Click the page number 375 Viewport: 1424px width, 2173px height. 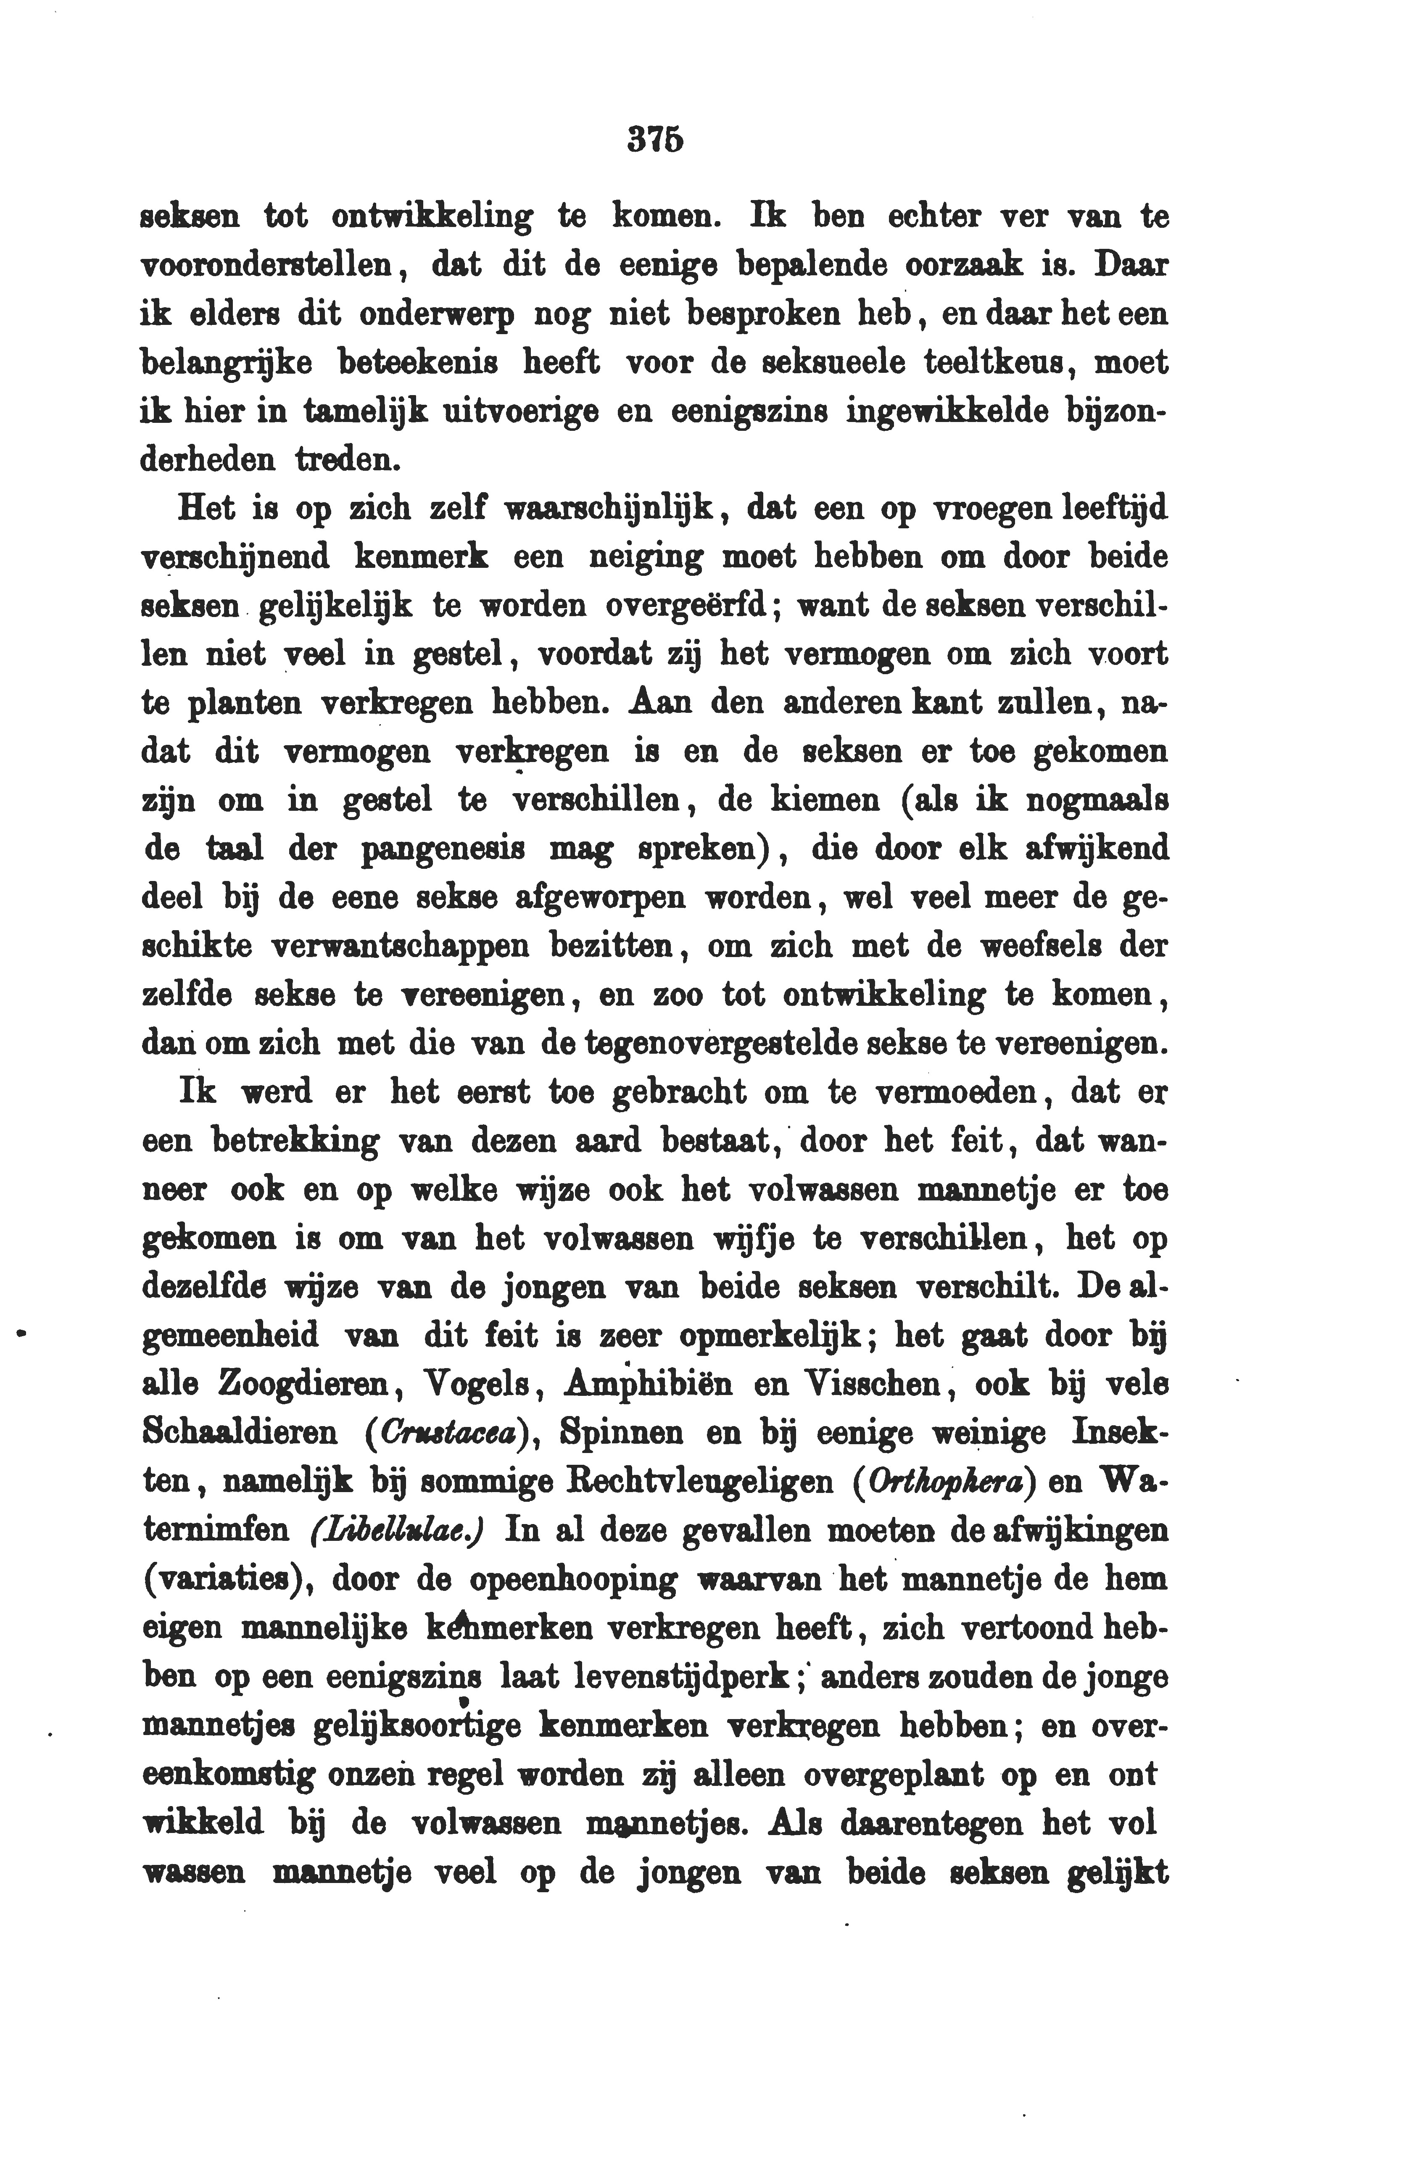(657, 139)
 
